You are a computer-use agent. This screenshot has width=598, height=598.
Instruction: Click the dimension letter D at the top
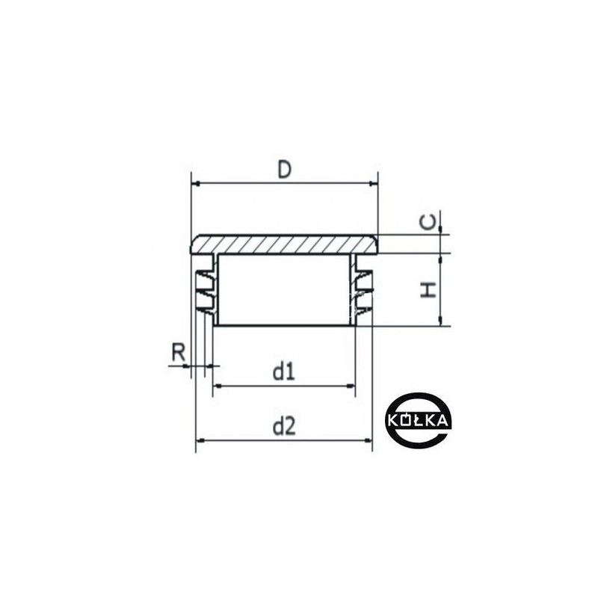click(285, 170)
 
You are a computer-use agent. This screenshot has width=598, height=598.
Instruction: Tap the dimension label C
click(428, 222)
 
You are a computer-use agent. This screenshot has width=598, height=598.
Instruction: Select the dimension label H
click(428, 290)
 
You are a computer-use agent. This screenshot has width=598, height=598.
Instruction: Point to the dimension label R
click(178, 352)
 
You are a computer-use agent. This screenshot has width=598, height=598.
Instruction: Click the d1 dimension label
click(284, 372)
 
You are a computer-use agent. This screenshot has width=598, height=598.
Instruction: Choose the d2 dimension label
click(285, 426)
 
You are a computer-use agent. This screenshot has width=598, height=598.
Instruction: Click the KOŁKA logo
click(417, 419)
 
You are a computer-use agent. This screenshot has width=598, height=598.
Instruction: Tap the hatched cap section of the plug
click(285, 244)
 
